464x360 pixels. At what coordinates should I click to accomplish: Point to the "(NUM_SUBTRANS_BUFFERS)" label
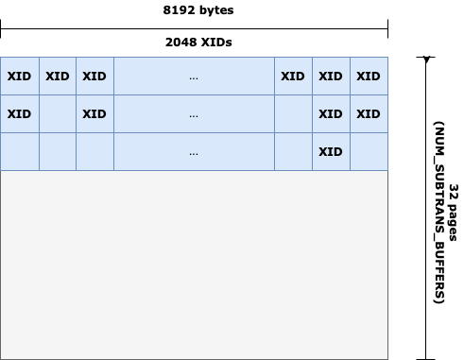click(438, 208)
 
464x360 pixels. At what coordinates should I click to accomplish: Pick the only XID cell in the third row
click(331, 151)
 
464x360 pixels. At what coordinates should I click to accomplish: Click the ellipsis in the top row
click(194, 76)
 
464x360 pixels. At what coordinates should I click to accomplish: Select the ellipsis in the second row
click(194, 113)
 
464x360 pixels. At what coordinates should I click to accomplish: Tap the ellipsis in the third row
click(194, 151)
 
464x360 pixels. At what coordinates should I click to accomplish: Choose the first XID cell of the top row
click(19, 76)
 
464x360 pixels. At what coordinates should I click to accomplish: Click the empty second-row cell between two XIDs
click(57, 113)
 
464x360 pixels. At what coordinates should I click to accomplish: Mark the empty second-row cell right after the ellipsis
click(293, 113)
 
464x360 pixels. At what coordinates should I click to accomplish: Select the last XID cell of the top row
click(369, 76)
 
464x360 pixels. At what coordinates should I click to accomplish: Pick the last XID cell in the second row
click(369, 113)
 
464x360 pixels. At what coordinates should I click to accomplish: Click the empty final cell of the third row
click(369, 151)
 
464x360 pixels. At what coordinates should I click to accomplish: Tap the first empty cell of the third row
click(19, 151)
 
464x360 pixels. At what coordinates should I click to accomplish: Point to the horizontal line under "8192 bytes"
click(194, 26)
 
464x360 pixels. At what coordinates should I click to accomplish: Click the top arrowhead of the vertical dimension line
click(427, 60)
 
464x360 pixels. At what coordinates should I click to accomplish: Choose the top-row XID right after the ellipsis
click(293, 76)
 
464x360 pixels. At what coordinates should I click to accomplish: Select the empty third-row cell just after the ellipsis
click(293, 151)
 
